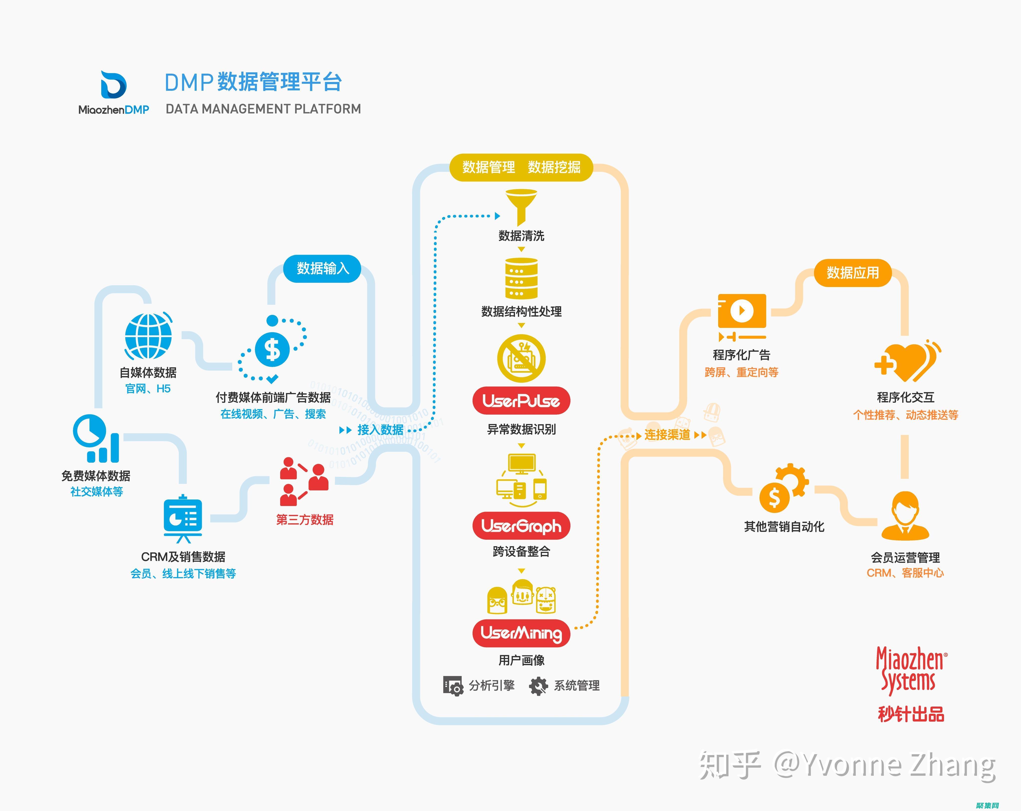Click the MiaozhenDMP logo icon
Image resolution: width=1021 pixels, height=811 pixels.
click(114, 85)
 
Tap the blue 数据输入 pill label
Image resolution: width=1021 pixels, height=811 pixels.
click(323, 269)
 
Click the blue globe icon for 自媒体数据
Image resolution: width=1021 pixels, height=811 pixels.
click(148, 336)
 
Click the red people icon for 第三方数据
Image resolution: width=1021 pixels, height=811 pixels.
click(303, 481)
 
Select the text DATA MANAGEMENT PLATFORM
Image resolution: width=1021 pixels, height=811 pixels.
click(263, 109)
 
